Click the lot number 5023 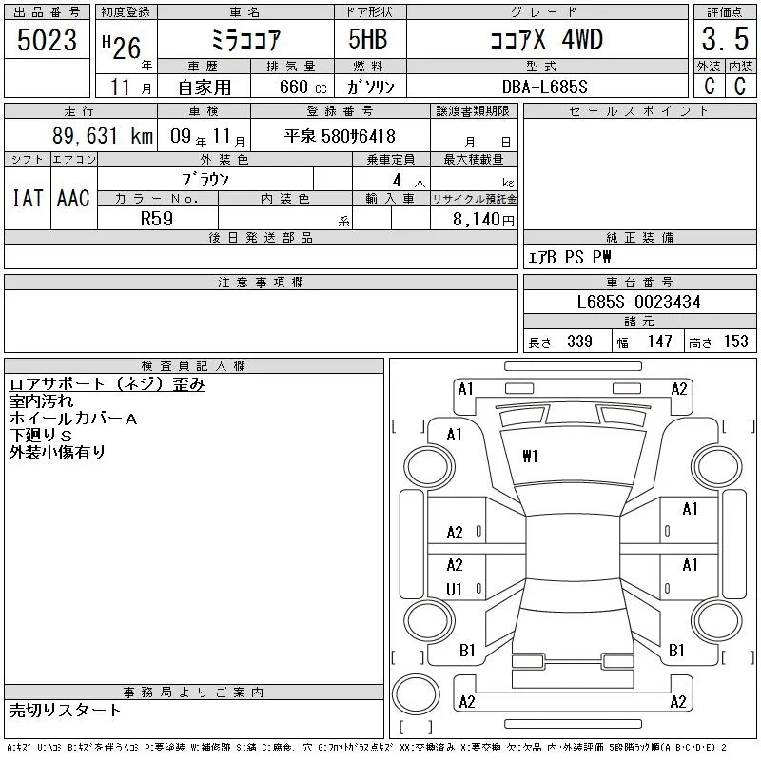click(47, 40)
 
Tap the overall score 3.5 click(725, 39)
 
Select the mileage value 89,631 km click(103, 136)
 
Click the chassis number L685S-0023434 click(638, 302)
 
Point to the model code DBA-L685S click(544, 87)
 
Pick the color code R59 click(157, 219)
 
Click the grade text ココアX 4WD click(547, 40)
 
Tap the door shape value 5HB click(368, 39)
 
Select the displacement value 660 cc click(303, 87)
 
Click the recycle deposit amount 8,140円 click(483, 220)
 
